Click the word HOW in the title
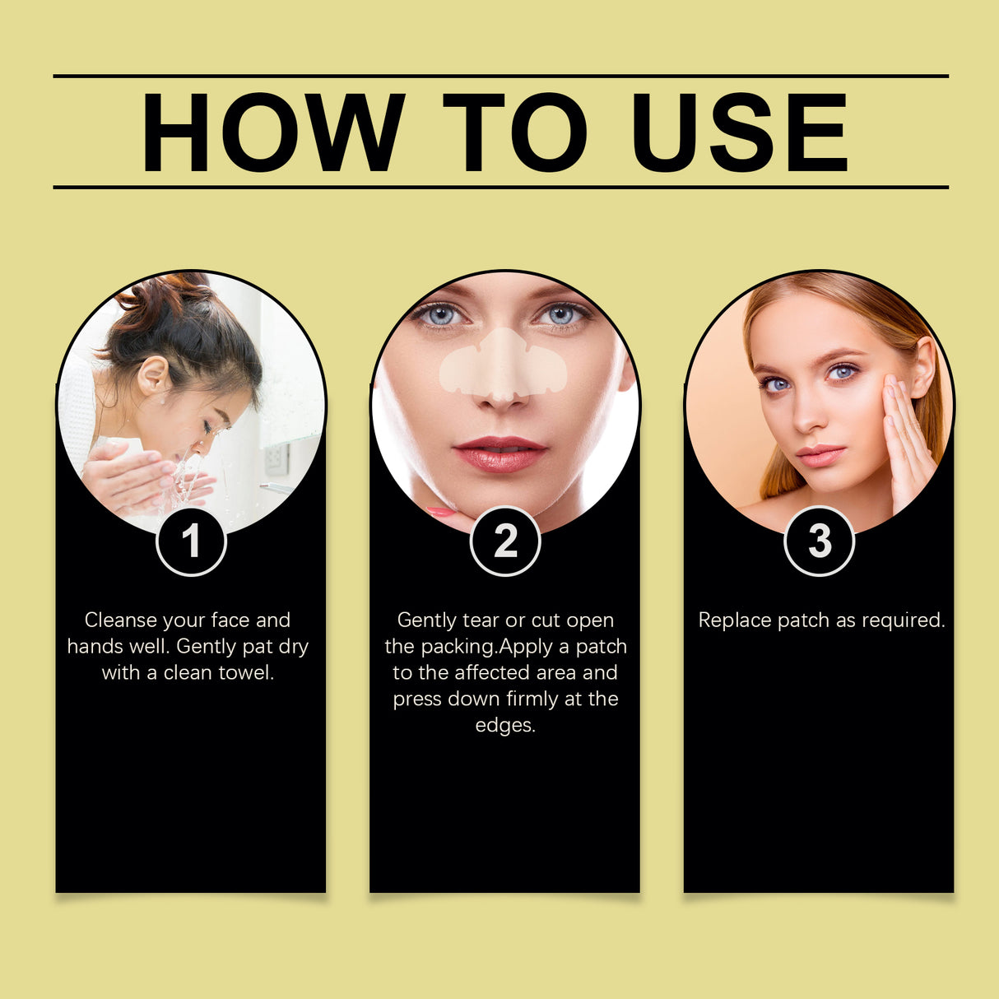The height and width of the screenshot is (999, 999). pyautogui.click(x=273, y=132)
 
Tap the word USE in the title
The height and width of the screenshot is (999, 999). pyautogui.click(x=740, y=132)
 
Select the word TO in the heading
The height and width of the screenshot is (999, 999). pyautogui.click(x=515, y=132)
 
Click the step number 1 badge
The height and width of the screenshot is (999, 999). pyautogui.click(x=191, y=541)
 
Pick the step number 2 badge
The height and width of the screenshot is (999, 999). pyautogui.click(x=505, y=541)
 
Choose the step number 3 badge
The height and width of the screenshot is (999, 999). pyautogui.click(x=820, y=541)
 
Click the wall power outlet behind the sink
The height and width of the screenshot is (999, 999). pyautogui.click(x=276, y=458)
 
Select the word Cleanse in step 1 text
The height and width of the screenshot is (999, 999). pyautogui.click(x=121, y=620)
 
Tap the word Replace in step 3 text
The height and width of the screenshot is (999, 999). pyautogui.click(x=735, y=620)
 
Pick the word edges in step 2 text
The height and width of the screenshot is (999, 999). pyautogui.click(x=505, y=726)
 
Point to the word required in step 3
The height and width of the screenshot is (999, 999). pyautogui.click(x=904, y=620)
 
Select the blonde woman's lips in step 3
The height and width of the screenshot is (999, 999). pyautogui.click(x=820, y=456)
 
